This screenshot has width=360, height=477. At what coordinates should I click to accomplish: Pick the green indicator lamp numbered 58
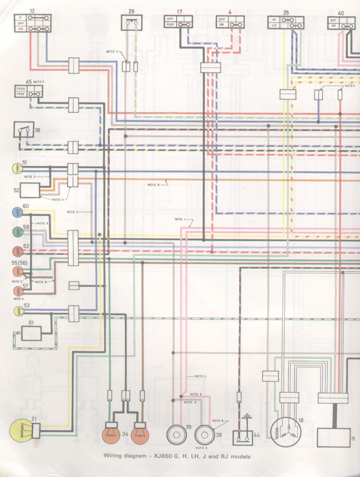point(18,231)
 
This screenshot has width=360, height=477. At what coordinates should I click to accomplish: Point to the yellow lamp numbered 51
point(18,167)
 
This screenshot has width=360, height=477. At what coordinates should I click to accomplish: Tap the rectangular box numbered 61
point(31,333)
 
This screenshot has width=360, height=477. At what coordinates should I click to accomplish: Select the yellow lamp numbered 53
point(18,310)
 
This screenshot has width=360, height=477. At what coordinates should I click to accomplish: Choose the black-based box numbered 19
point(334,437)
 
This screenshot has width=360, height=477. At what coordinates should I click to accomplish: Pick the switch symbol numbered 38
point(23,130)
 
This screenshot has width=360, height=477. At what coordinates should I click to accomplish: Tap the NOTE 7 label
point(180,220)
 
